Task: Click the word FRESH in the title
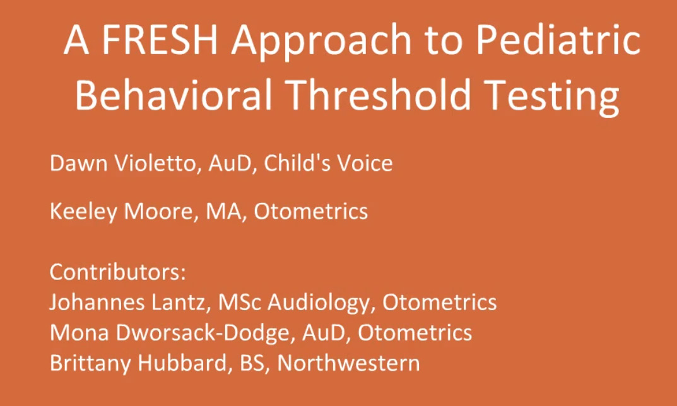pyautogui.click(x=160, y=40)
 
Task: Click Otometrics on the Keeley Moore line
pyautogui.click(x=311, y=211)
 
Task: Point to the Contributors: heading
pyautogui.click(x=118, y=272)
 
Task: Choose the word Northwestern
pyautogui.click(x=348, y=364)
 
